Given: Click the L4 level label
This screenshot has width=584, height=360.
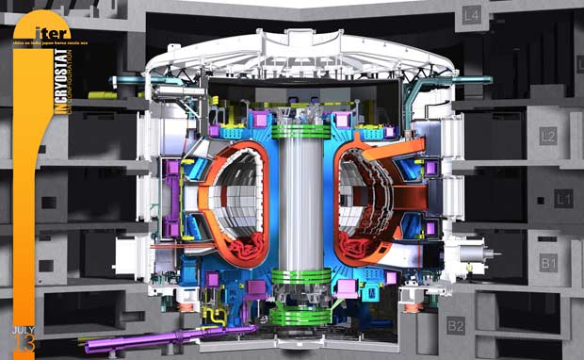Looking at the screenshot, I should pyautogui.click(x=470, y=15).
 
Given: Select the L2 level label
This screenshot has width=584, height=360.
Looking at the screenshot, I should pyautogui.click(x=547, y=137).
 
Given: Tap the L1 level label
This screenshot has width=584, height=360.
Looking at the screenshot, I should pyautogui.click(x=563, y=199).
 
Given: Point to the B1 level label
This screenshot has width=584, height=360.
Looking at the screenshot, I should pyautogui.click(x=549, y=263).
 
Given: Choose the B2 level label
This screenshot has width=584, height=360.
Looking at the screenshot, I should pyautogui.click(x=456, y=327).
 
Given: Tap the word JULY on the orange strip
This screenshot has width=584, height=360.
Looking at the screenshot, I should pyautogui.click(x=24, y=330).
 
